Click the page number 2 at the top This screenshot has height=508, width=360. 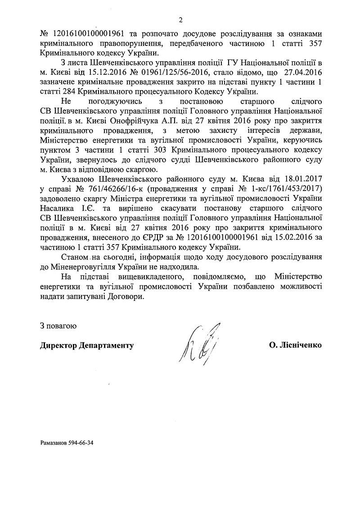(180, 20)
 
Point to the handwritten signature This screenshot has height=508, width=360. (198, 347)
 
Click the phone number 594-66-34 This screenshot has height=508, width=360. (83, 443)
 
